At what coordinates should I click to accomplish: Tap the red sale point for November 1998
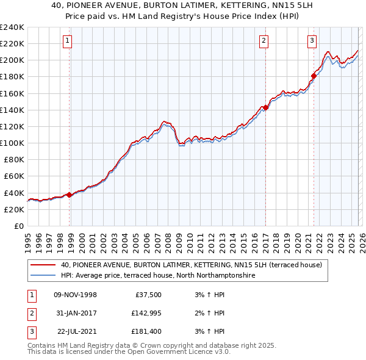coord(69,195)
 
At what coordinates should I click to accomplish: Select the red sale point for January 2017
coord(266,107)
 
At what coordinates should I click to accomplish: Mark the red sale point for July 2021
coord(314,76)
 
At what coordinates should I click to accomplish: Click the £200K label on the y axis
coord(12,60)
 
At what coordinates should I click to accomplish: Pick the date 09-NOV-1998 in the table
coord(76,295)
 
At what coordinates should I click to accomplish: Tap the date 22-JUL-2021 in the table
coord(76,331)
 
